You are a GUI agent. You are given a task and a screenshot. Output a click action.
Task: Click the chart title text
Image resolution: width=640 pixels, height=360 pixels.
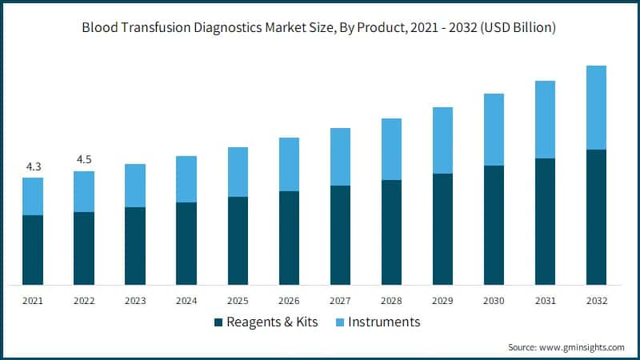pos(320,27)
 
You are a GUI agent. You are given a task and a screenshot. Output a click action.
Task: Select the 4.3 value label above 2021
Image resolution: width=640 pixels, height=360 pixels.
pos(33,166)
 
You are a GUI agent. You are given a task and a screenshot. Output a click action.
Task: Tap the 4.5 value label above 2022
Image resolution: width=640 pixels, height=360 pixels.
pos(84,160)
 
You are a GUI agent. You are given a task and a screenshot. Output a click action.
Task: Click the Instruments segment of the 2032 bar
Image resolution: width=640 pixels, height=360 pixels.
pos(596,107)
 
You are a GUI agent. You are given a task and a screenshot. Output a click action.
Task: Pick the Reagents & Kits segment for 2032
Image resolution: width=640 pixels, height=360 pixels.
pos(596,217)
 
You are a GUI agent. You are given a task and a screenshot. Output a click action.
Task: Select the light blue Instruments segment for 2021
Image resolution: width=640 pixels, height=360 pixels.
pos(33,196)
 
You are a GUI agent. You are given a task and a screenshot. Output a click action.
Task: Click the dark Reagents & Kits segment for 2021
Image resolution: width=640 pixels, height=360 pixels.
pos(33,250)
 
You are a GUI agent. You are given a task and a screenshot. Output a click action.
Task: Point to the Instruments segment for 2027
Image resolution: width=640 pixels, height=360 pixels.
pos(340,157)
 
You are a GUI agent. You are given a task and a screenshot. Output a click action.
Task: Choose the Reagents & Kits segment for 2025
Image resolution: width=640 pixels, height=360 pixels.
pos(238,240)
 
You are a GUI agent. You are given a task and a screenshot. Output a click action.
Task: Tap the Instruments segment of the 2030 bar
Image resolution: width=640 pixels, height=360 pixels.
pos(494,130)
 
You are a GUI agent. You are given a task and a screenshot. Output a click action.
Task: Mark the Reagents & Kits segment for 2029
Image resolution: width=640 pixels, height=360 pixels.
pos(442,229)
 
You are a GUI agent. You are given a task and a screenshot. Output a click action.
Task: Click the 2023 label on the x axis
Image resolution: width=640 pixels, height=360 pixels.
pos(135,301)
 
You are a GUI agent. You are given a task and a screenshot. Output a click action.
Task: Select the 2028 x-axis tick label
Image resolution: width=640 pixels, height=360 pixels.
pos(391,301)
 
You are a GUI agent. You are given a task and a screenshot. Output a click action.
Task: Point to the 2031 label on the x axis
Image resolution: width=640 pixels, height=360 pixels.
pos(545,301)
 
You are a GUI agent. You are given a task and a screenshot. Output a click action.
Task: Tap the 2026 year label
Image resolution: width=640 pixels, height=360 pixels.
pos(289,301)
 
